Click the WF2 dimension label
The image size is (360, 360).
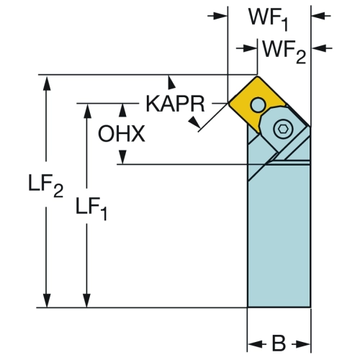pos(284,52)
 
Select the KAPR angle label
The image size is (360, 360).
pos(175,104)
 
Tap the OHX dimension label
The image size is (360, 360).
pos(122,133)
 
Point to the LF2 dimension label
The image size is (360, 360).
pos(45,185)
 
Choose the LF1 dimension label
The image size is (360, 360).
pos(91,208)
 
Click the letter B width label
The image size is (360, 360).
pos(279,343)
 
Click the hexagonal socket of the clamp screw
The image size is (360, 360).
pos(283,129)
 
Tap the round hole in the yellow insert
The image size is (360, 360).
pos(258,104)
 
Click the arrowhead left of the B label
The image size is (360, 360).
pos(254,344)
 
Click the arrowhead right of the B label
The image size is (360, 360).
pos(303,344)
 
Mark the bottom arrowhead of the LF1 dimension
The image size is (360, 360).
pos(87,300)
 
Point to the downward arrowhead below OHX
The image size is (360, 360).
pos(123,157)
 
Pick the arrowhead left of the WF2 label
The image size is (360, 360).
pos(250,48)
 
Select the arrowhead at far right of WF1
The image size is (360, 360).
pos(318,16)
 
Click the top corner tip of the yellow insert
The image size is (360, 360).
pos(257,76)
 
